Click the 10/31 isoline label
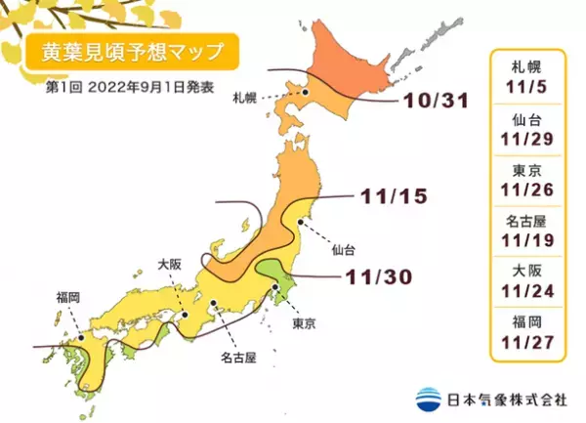tap(431, 103)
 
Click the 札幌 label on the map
tap(245, 99)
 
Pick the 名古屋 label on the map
tap(236, 358)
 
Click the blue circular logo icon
tap(428, 398)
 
